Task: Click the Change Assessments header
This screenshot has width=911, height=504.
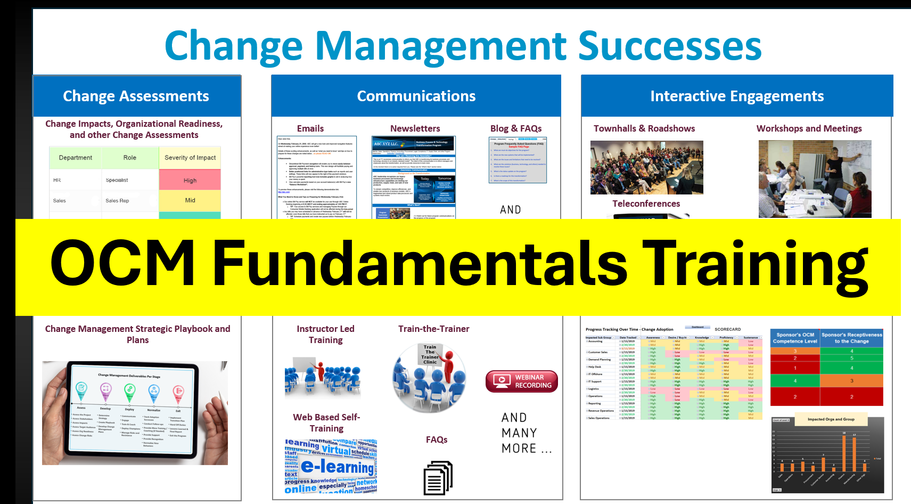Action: click(136, 96)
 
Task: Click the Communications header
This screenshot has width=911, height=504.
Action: click(416, 96)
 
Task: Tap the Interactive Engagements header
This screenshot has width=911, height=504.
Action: click(737, 96)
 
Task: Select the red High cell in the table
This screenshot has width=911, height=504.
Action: click(190, 180)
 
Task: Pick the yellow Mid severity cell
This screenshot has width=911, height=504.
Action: click(190, 200)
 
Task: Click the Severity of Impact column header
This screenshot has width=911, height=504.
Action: click(190, 158)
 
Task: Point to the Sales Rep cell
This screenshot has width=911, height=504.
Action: click(117, 201)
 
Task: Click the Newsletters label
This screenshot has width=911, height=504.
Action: click(415, 128)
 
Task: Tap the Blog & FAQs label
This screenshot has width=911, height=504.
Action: click(515, 128)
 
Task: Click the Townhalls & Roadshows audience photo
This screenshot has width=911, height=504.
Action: click(646, 167)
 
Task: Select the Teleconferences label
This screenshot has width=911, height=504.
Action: click(646, 204)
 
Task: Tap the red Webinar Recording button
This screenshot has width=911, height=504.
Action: click(521, 381)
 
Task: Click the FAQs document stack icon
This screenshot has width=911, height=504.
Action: click(438, 477)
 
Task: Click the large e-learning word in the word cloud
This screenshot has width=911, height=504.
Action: click(338, 467)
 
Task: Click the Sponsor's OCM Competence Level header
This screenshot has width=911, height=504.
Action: click(795, 338)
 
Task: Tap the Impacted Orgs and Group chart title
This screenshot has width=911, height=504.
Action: click(831, 419)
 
